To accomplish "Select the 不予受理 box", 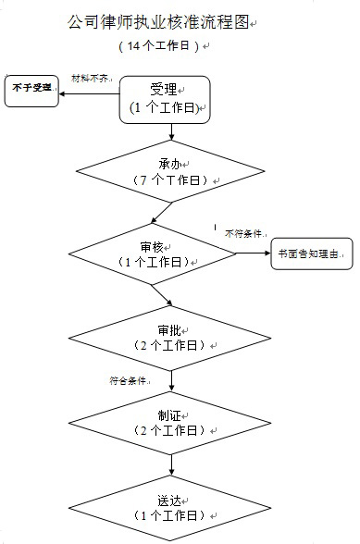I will point(31,89).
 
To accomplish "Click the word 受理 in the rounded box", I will point(164,90).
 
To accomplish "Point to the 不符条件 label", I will point(244,234).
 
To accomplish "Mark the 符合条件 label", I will point(129,380).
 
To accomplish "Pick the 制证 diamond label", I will point(168,415).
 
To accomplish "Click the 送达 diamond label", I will point(168,500).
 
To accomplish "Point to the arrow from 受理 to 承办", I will point(167,130).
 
